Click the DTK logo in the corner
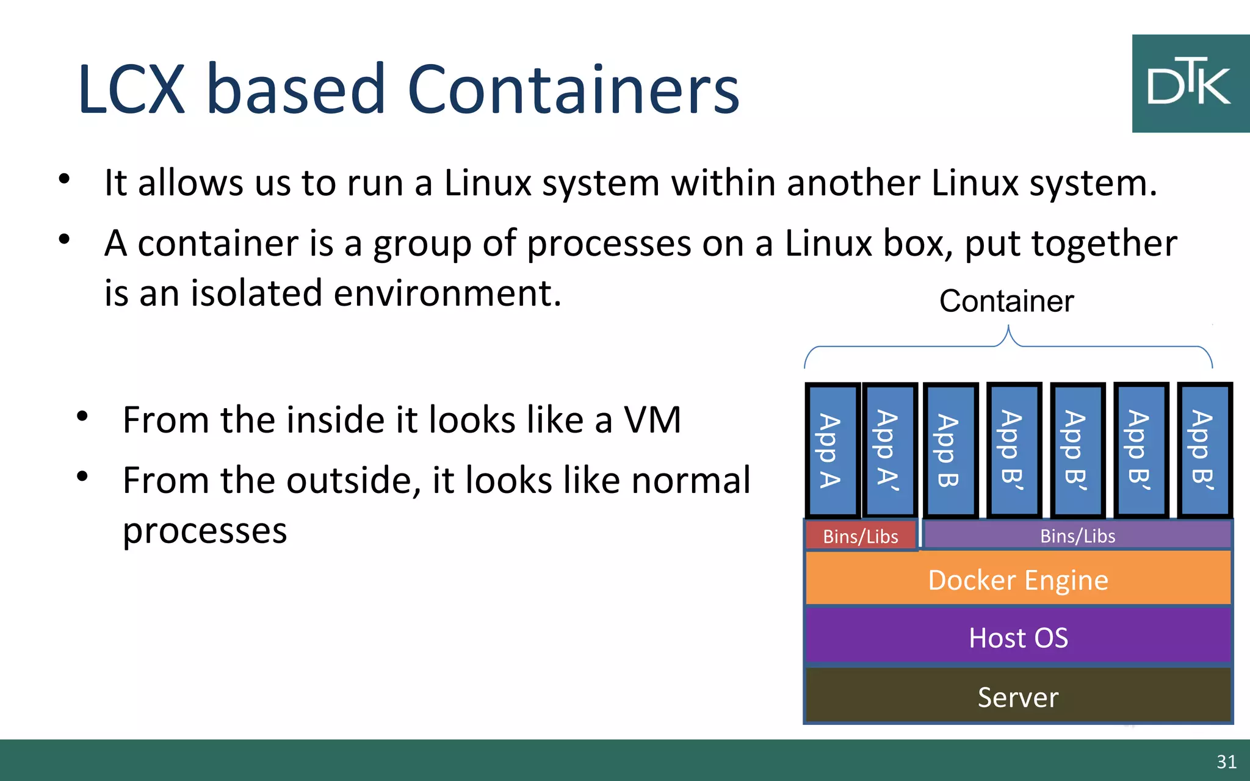(x=1190, y=84)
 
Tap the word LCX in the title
(x=131, y=90)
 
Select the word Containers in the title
(x=573, y=90)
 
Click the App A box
(x=831, y=450)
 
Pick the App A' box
(x=889, y=450)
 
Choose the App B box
(x=950, y=450)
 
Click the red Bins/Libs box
(x=861, y=536)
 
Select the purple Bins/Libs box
(x=1077, y=536)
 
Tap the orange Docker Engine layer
(x=1018, y=579)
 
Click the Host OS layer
(x=1018, y=637)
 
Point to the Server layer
(x=1018, y=696)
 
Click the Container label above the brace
(x=1006, y=301)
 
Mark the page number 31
(x=1226, y=761)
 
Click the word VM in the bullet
(x=652, y=420)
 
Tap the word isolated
(x=257, y=293)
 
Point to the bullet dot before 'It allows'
(x=64, y=179)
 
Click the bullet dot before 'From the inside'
(x=82, y=417)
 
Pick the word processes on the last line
(x=204, y=530)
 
